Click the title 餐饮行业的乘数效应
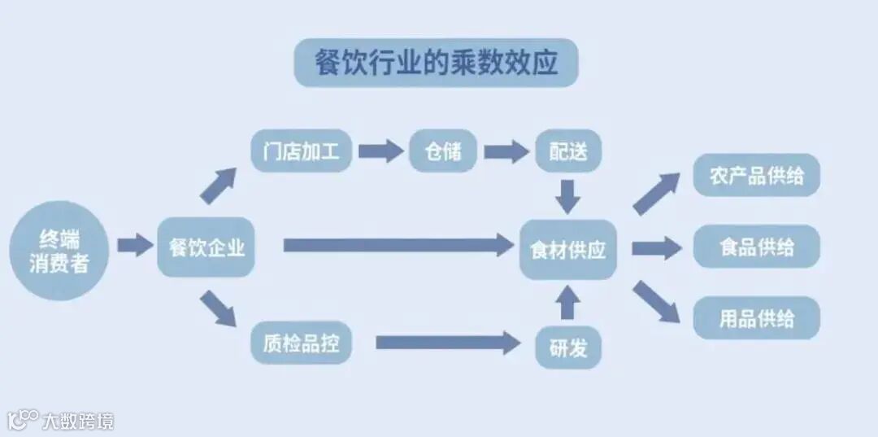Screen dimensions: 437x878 click(436, 63)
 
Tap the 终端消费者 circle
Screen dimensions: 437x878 click(59, 250)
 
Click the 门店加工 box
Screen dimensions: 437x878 click(301, 151)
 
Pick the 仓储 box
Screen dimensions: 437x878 click(443, 151)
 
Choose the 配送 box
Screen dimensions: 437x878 click(568, 151)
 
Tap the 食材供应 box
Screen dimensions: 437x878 click(568, 249)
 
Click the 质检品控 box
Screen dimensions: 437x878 click(301, 344)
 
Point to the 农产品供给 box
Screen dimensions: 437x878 click(756, 175)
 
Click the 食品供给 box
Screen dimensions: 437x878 click(756, 247)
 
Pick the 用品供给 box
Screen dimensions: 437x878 click(756, 318)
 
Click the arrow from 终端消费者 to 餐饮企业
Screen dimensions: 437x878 click(134, 245)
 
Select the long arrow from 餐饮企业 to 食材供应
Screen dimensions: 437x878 click(398, 245)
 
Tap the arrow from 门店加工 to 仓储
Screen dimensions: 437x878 click(380, 151)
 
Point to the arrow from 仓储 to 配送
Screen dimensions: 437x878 click(506, 151)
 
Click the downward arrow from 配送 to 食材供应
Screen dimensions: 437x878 click(568, 195)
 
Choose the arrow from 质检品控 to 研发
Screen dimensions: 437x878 click(447, 343)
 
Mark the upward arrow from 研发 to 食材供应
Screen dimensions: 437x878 click(568, 302)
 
